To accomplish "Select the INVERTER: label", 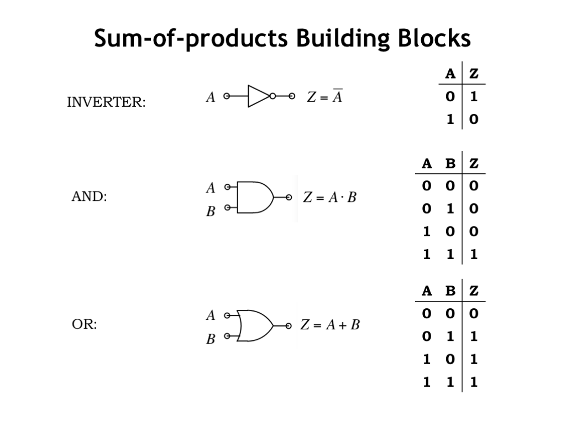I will point(106,102).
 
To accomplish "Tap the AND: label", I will point(89,197).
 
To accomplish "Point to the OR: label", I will point(84,325).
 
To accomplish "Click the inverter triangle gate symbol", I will point(259,96).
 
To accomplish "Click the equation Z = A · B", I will point(329,198).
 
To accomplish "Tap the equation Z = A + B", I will point(330,325).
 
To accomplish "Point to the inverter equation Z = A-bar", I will point(324,97).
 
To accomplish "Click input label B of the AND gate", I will point(211,212).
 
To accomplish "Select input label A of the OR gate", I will point(211,316).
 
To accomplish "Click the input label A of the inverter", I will point(211,98).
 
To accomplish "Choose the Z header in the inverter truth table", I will point(473,74).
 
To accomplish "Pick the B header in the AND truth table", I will point(450,164).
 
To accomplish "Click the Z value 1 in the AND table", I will point(473,255).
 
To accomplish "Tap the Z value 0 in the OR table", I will point(473,314).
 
